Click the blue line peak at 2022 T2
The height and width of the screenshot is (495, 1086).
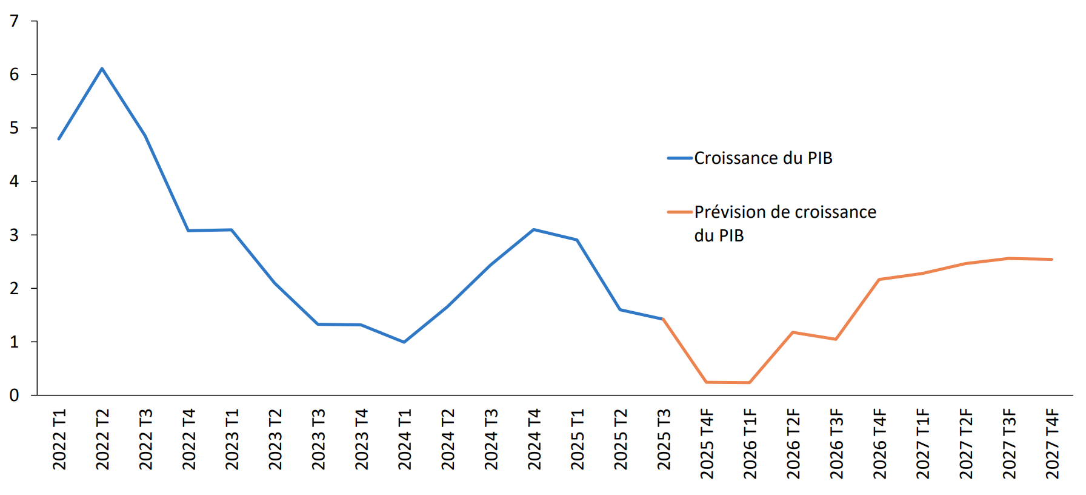click(102, 69)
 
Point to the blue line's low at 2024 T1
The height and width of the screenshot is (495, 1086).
click(404, 342)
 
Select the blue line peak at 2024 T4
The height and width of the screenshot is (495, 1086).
click(533, 229)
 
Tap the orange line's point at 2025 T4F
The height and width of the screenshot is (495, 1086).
click(707, 382)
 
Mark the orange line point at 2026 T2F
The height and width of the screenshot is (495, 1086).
click(793, 332)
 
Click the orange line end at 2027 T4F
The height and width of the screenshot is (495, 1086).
click(1051, 260)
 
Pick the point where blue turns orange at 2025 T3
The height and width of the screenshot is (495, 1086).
click(663, 318)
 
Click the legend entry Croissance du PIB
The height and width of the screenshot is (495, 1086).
click(763, 158)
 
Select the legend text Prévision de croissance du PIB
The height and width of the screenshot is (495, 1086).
click(785, 223)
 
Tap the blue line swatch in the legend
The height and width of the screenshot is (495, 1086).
click(679, 158)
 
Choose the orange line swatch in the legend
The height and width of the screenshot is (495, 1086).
click(679, 212)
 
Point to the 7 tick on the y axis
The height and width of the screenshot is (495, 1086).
click(15, 21)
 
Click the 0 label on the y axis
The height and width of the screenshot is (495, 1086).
click(15, 396)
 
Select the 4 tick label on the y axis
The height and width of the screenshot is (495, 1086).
click(15, 181)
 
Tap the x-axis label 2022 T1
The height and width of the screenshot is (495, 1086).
click(59, 439)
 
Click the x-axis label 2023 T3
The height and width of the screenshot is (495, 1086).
click(318, 439)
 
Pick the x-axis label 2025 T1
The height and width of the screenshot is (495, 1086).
click(577, 439)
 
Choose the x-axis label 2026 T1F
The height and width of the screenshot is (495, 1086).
click(750, 443)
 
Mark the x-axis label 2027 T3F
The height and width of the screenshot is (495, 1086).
click(1008, 443)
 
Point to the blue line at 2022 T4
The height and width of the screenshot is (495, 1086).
click(188, 231)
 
